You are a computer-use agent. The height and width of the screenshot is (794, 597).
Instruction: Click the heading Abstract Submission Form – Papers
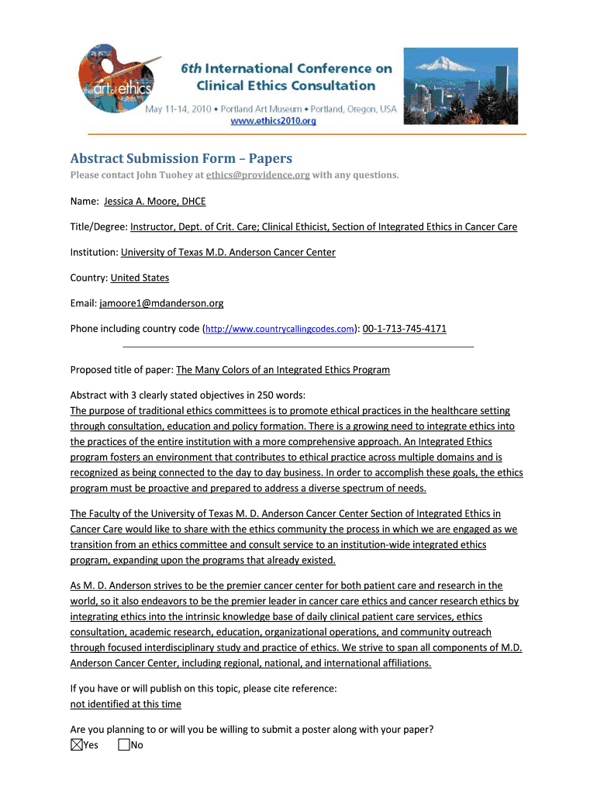[181, 158]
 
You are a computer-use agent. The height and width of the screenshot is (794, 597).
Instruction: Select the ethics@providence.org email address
[264, 175]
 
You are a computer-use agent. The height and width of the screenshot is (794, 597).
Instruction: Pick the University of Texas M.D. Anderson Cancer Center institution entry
[228, 252]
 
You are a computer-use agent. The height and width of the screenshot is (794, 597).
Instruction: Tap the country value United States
[140, 278]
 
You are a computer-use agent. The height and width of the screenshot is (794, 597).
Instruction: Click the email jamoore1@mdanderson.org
[161, 303]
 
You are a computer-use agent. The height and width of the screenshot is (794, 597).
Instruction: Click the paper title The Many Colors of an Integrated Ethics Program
[283, 370]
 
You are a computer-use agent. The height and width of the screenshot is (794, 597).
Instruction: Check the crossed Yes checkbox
[76, 745]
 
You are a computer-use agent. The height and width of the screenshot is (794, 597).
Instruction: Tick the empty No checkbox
[124, 745]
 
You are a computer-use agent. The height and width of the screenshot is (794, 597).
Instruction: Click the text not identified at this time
[126, 704]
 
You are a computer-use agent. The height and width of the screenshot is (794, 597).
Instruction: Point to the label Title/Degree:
[98, 227]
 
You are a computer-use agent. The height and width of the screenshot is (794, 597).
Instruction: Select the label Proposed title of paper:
[122, 370]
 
